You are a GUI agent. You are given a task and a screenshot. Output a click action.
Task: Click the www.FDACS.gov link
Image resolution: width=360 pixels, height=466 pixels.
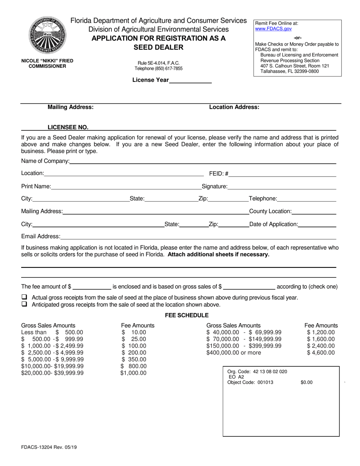268,28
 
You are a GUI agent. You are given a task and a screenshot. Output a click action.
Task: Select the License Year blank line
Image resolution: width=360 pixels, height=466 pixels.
190,80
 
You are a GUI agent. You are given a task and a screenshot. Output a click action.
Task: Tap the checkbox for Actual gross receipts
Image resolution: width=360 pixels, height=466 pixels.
24,297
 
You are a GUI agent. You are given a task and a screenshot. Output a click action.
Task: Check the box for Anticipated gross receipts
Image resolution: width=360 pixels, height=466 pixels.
24,304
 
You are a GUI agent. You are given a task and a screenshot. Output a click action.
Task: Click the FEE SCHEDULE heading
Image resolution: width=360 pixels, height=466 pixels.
187,315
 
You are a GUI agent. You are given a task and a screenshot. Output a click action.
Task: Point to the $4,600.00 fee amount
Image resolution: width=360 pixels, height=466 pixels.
321,353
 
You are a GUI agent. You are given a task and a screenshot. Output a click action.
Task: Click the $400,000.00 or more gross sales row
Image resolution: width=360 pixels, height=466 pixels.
233,353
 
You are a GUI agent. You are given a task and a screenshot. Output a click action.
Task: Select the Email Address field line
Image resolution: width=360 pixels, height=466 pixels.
198,237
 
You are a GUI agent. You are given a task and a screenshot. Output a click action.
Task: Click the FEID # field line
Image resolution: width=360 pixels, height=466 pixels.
282,174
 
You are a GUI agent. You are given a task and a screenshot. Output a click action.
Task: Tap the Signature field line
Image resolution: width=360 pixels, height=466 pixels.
282,186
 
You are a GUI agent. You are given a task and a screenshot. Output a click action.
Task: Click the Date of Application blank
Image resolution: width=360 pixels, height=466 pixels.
317,224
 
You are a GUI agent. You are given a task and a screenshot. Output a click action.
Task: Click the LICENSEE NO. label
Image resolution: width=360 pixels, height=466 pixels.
68,127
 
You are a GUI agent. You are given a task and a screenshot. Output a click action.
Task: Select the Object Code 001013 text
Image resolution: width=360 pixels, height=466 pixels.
250,382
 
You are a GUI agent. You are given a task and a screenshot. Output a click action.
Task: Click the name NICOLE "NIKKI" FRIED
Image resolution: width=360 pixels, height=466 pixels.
47,61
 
